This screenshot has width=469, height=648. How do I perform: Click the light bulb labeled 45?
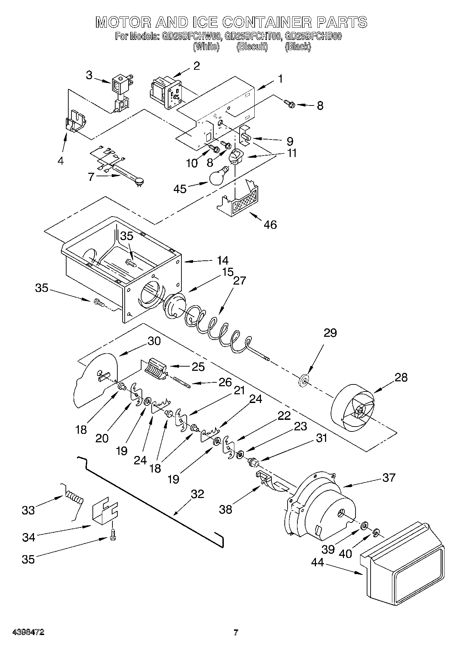[218, 176]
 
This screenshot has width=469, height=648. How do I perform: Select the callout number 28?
[401, 377]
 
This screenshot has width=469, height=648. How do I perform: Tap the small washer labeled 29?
[304, 380]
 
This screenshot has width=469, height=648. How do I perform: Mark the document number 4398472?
[28, 633]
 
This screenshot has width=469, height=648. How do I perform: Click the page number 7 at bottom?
[236, 633]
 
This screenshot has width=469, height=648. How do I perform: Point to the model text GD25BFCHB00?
[313, 36]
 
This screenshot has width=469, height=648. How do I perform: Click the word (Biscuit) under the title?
[252, 46]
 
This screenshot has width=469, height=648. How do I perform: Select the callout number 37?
[389, 477]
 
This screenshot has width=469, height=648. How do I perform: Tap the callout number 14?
[222, 260]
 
